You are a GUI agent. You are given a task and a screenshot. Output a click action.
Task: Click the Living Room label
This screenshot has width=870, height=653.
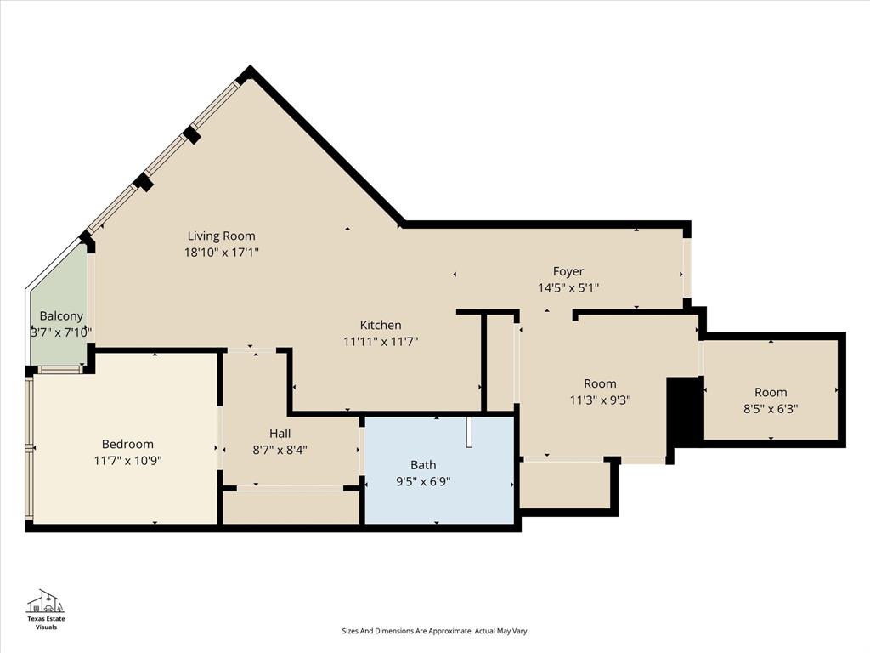[x=221, y=236]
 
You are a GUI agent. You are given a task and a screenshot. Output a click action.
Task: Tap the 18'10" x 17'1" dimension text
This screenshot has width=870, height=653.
[x=221, y=252]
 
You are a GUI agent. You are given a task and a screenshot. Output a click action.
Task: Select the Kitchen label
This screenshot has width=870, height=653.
[x=381, y=325]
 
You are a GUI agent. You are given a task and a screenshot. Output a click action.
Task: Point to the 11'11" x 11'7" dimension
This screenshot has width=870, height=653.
[x=381, y=341]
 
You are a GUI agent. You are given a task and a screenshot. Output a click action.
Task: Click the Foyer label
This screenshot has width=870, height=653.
[x=568, y=271]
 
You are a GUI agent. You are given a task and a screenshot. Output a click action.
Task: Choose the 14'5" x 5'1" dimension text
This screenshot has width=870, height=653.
[x=568, y=287]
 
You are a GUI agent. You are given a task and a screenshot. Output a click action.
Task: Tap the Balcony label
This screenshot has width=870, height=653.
[x=61, y=315]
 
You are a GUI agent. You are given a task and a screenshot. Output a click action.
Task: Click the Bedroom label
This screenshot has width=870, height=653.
[x=127, y=444]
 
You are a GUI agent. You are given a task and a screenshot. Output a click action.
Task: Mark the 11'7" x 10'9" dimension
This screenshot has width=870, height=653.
[x=127, y=460]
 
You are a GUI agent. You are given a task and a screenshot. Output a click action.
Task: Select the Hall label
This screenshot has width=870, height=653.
[x=280, y=433]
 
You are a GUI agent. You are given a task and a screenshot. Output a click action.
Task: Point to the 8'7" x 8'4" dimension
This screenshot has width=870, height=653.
[x=280, y=450]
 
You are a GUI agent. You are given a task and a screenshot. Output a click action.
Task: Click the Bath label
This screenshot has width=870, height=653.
[x=423, y=464]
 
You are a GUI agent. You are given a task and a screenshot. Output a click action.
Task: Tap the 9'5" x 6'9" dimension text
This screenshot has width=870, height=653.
[x=423, y=480]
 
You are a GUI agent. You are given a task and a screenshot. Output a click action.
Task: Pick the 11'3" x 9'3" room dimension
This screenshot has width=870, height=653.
[x=600, y=400]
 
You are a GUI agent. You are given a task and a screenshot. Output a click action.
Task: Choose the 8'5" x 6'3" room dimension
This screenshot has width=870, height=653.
[x=771, y=408]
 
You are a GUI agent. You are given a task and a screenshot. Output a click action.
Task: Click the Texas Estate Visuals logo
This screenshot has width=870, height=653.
[x=47, y=607]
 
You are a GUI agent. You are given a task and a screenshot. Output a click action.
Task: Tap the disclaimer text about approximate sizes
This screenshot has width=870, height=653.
[x=435, y=631]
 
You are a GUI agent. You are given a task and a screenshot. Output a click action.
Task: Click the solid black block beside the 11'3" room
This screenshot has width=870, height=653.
[x=684, y=412]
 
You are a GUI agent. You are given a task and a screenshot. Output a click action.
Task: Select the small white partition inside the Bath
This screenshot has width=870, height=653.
[x=468, y=431]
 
